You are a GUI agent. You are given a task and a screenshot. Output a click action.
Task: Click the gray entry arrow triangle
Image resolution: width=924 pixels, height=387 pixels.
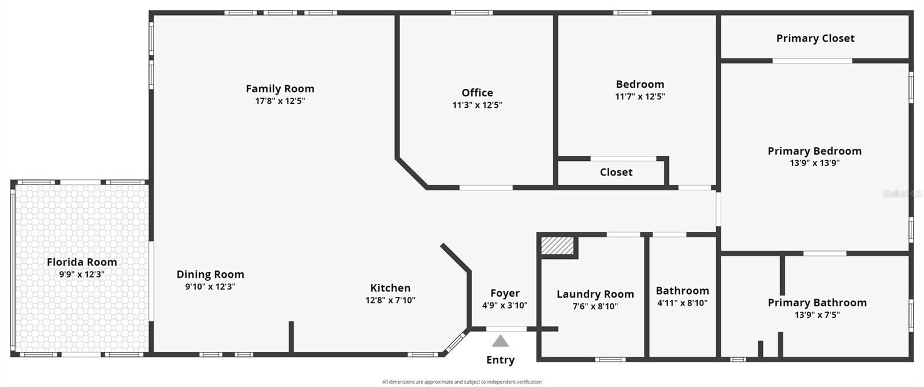click(500, 341)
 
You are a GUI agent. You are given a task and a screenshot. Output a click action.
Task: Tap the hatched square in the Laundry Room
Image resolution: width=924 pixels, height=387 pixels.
click(558, 246)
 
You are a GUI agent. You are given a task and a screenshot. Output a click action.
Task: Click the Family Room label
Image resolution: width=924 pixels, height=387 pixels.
click(280, 89)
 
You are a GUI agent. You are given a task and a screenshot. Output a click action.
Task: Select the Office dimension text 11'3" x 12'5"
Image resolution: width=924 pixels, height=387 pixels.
click(477, 105)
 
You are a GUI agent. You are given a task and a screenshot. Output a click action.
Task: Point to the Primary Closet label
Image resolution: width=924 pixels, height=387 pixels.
click(815, 39)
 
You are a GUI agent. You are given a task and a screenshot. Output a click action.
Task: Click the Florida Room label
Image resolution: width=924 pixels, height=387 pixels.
click(82, 262)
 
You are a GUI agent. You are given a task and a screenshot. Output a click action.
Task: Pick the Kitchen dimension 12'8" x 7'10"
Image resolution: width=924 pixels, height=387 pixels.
click(390, 300)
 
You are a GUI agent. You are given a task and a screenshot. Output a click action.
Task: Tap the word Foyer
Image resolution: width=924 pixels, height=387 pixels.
click(505, 293)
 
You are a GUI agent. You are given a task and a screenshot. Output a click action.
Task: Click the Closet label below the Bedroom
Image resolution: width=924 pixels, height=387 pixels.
click(616, 172)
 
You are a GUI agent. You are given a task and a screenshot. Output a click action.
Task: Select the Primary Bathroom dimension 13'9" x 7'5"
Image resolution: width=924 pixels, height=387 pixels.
click(817, 315)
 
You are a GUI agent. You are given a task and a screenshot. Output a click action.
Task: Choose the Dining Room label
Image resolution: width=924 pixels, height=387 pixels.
click(210, 275)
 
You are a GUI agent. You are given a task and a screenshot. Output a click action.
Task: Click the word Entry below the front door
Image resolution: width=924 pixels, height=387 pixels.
click(500, 360)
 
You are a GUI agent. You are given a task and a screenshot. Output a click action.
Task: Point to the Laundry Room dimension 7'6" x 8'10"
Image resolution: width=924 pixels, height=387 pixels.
click(595, 306)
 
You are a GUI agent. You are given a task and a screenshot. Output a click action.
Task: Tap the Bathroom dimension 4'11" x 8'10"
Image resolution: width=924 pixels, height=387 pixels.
click(682, 303)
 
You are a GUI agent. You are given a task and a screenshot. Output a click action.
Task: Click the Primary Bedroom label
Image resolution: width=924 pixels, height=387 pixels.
click(814, 151)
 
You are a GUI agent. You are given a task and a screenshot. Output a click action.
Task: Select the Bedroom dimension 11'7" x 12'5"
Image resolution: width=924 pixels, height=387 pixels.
click(640, 96)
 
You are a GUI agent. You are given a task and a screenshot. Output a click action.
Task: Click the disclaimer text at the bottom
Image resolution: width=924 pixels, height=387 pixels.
click(461, 382)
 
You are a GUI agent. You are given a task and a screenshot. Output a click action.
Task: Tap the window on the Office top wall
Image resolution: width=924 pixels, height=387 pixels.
click(472, 13)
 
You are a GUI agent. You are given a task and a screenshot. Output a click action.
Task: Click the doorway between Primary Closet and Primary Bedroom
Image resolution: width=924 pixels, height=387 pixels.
click(812, 61)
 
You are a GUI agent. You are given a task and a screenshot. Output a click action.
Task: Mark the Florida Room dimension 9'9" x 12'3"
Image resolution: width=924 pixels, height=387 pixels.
click(81, 275)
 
